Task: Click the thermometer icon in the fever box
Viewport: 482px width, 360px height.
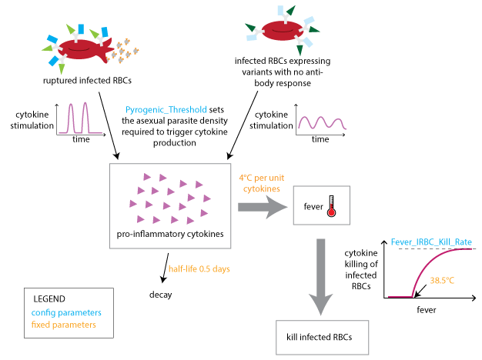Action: (x=333, y=207)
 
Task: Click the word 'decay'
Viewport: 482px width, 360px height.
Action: (x=161, y=294)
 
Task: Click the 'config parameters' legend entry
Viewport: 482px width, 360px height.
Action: (x=66, y=312)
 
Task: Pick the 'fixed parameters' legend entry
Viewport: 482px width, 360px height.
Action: (x=63, y=325)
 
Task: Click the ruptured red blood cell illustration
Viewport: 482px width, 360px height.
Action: (x=77, y=48)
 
